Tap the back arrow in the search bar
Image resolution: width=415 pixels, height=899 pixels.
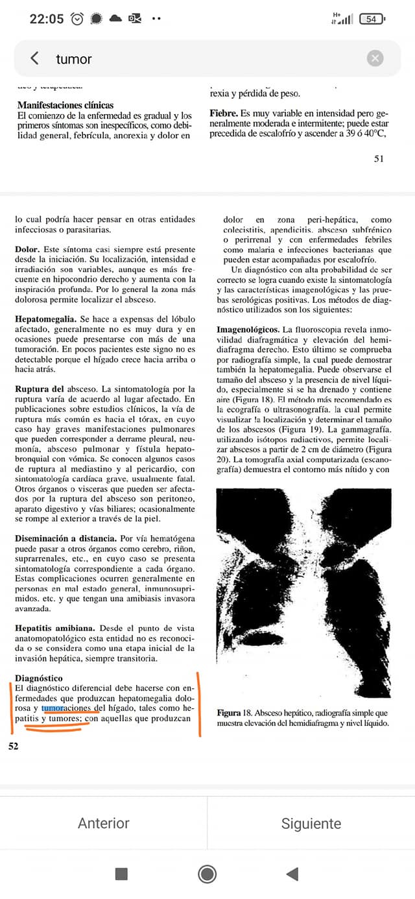click(34, 58)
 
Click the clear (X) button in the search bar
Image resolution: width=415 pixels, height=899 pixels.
click(375, 58)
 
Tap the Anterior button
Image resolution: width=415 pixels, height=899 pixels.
click(104, 823)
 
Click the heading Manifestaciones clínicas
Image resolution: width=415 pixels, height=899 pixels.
click(65, 105)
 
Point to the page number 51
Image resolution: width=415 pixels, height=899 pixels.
click(379, 158)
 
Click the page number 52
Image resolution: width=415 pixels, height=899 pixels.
click(13, 747)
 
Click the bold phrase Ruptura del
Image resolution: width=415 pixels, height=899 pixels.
click(39, 389)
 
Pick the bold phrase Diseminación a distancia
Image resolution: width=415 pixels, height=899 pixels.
click(65, 539)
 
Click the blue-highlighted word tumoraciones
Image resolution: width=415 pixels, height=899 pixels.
click(67, 708)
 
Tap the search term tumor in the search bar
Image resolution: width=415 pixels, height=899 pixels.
click(74, 59)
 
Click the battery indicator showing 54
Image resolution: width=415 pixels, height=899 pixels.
click(370, 19)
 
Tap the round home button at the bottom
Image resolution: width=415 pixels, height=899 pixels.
click(207, 874)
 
